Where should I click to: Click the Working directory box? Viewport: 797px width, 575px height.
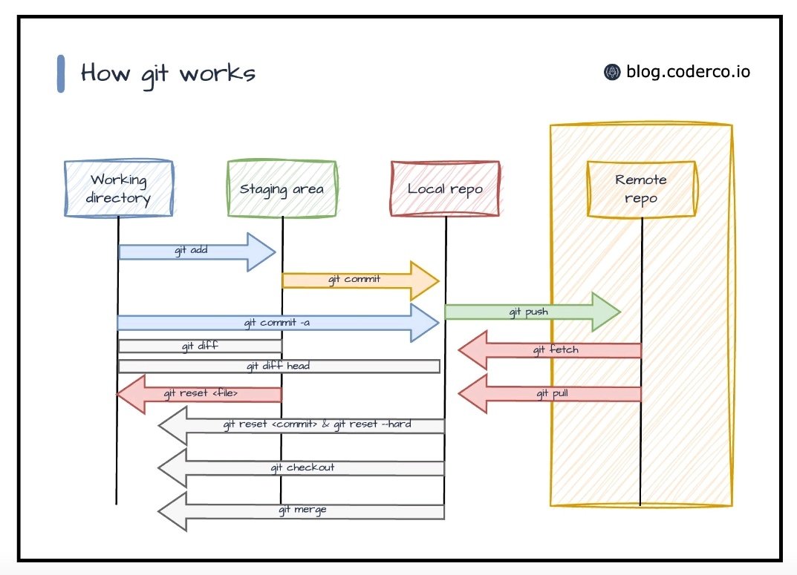click(119, 188)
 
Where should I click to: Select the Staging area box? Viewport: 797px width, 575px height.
click(282, 188)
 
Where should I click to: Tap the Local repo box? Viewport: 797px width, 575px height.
click(445, 188)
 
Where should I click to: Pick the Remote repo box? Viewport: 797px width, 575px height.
click(641, 188)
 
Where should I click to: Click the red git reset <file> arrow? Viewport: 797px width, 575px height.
click(199, 393)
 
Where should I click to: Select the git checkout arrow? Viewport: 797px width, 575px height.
click(301, 468)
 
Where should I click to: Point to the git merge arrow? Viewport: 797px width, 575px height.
click(301, 510)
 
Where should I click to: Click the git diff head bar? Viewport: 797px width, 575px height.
click(279, 366)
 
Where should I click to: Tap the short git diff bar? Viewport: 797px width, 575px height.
click(200, 346)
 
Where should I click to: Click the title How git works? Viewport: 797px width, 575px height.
click(168, 73)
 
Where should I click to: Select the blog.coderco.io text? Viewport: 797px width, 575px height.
click(688, 72)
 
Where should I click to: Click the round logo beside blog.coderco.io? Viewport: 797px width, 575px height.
click(612, 72)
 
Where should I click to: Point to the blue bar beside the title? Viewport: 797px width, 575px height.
click(61, 73)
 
